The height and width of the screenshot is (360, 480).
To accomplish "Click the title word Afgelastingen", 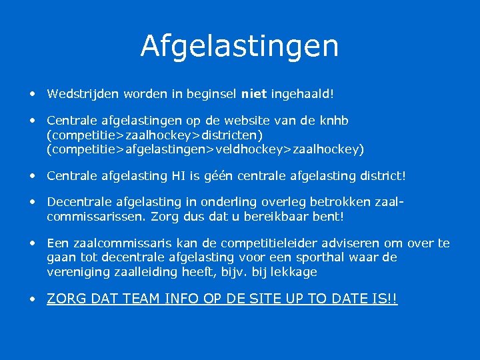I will pyautogui.click(x=239, y=46).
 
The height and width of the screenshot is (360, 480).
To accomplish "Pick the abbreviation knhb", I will pyautogui.click(x=333, y=121).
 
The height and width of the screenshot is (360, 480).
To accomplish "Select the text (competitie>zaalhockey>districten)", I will pyautogui.click(x=159, y=135).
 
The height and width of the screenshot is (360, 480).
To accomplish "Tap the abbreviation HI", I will pyautogui.click(x=203, y=177).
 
